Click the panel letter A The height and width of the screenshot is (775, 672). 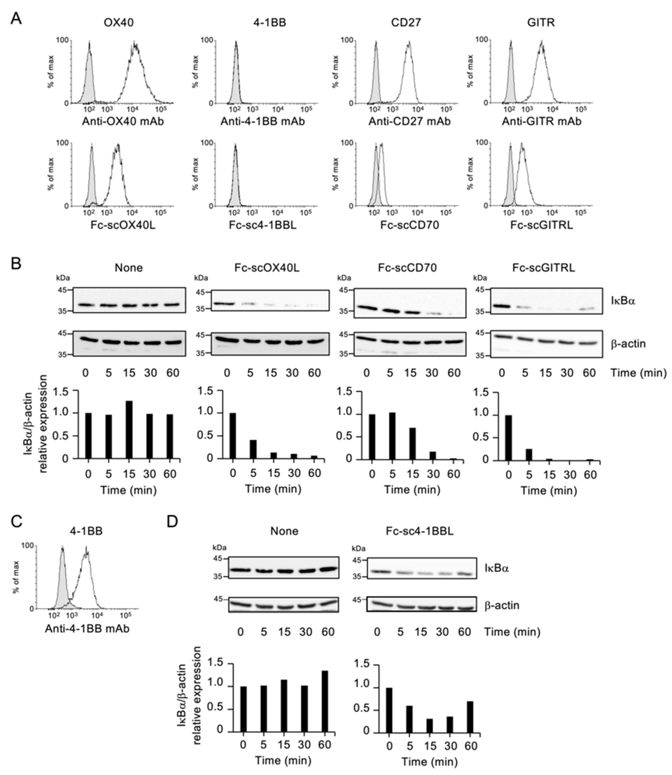[16, 18]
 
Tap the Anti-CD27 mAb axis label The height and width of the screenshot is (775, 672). [409, 121]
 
